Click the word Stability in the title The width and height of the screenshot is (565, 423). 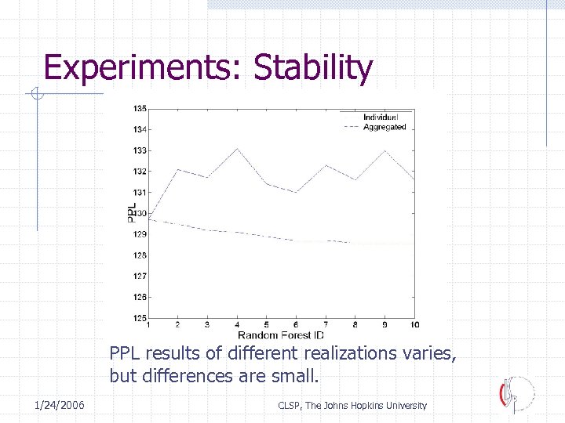pyautogui.click(x=313, y=67)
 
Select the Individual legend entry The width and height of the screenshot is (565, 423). pyautogui.click(x=380, y=117)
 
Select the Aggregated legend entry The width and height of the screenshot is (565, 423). pyautogui.click(x=384, y=127)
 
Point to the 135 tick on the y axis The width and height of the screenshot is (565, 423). pyautogui.click(x=139, y=108)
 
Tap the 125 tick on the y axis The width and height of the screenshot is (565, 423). pyautogui.click(x=139, y=318)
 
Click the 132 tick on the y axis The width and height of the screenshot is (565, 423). pyautogui.click(x=139, y=171)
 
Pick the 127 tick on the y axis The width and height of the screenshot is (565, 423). pyautogui.click(x=139, y=276)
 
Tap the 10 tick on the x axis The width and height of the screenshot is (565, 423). pyautogui.click(x=414, y=325)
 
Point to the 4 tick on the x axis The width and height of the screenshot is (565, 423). pyautogui.click(x=238, y=325)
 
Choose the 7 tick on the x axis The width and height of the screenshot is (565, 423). pyautogui.click(x=326, y=325)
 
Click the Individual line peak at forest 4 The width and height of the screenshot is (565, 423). pyautogui.click(x=238, y=148)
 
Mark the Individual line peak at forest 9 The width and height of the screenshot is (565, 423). pyautogui.click(x=385, y=150)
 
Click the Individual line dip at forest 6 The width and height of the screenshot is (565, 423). pyautogui.click(x=296, y=192)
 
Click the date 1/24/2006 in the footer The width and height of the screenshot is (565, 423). pyautogui.click(x=60, y=405)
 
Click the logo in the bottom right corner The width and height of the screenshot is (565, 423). pyautogui.click(x=516, y=393)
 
